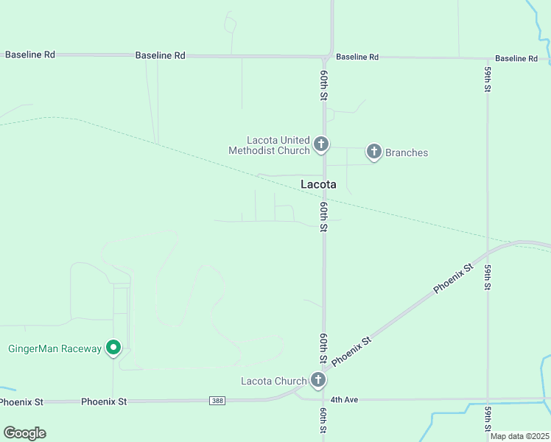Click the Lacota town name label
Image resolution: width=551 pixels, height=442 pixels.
tap(318, 184)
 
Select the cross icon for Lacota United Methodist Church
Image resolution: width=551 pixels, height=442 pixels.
tap(320, 144)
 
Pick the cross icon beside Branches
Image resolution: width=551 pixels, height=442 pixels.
tap(373, 152)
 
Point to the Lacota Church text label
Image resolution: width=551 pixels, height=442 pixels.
tap(273, 381)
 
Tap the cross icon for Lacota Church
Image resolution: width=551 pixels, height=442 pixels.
tap(317, 380)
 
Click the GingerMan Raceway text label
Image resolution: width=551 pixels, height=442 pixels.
tap(55, 348)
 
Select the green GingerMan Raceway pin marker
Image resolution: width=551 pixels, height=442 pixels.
tap(113, 346)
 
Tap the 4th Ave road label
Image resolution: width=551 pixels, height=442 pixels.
tap(344, 399)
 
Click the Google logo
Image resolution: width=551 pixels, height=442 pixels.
tap(24, 433)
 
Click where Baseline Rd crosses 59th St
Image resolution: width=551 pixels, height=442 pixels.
tap(487, 58)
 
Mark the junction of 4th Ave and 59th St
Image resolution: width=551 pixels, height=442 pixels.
tap(488, 400)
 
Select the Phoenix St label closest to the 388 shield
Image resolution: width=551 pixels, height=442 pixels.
tap(104, 401)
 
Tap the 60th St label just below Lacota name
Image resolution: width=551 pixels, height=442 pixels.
tap(323, 217)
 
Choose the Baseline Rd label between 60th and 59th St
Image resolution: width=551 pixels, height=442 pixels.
tap(357, 57)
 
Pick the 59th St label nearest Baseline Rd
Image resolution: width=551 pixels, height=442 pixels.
tap(488, 79)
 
